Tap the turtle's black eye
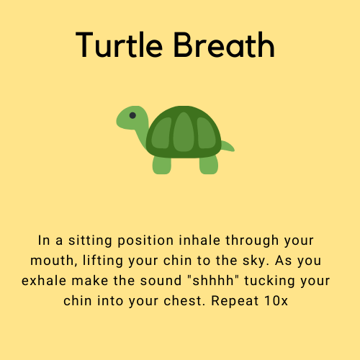pos(132,115)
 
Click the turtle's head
pos(132,119)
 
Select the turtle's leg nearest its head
pos(161,165)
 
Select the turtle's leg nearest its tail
pos(208,165)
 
